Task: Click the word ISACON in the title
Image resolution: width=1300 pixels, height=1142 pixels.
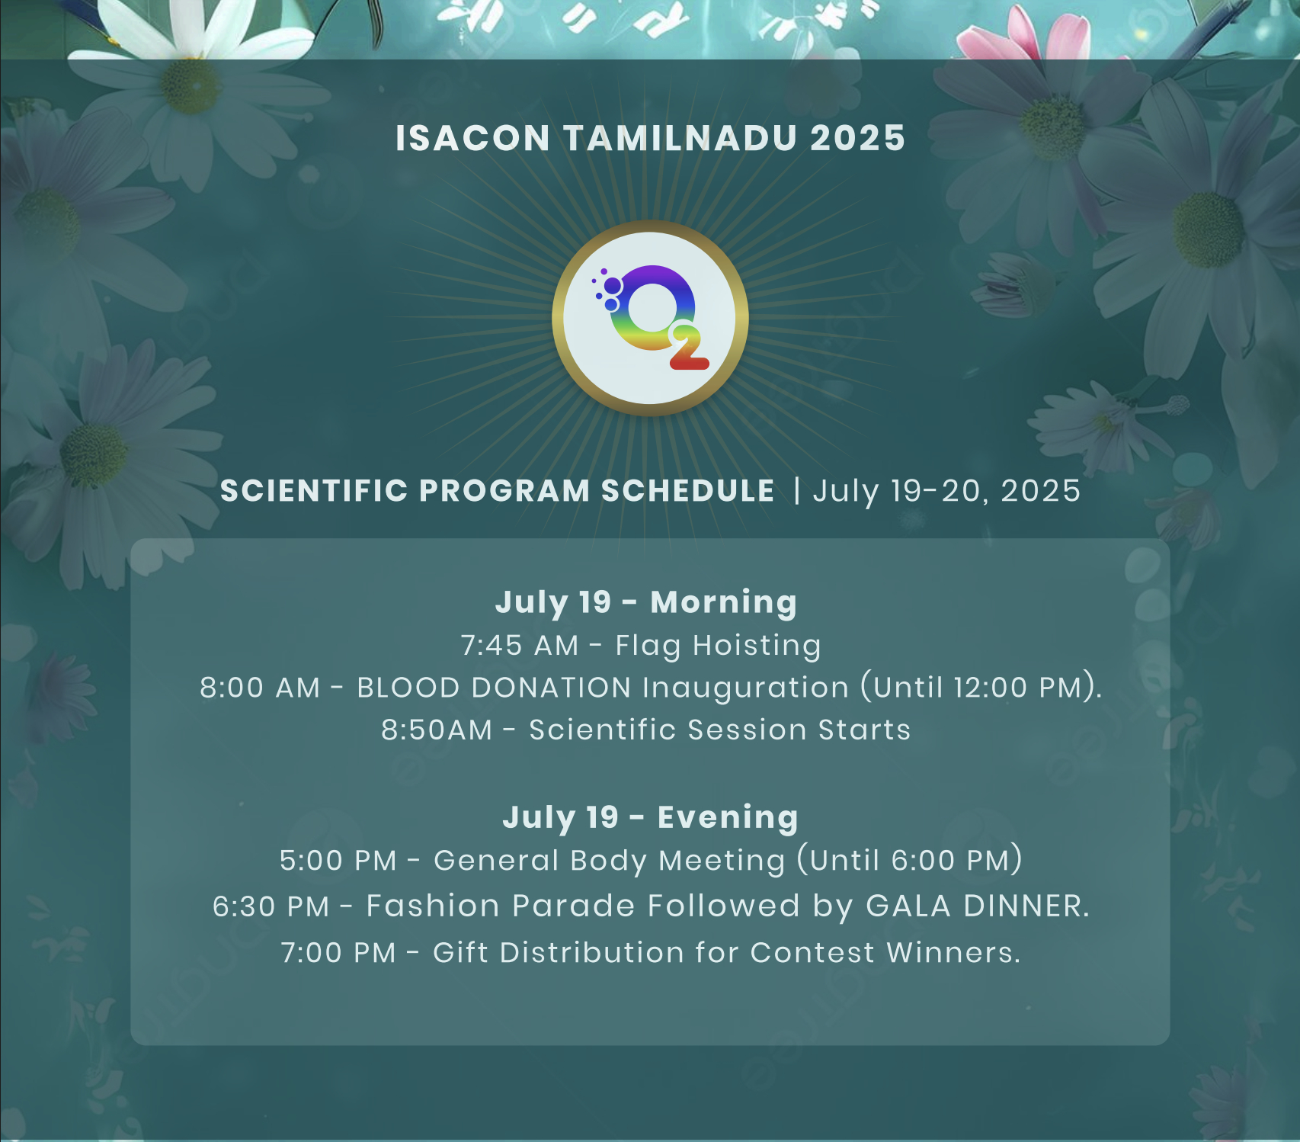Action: point(472,139)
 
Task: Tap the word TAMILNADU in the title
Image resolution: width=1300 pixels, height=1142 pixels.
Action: point(680,139)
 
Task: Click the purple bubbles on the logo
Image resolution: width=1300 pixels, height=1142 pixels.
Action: point(607,290)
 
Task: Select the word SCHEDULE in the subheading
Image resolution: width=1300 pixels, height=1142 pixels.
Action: point(688,491)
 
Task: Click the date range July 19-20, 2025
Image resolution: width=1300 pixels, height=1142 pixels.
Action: point(946,492)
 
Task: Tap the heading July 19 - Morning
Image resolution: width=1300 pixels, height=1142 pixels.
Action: point(646,602)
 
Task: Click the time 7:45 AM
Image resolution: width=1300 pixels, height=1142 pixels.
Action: point(520,646)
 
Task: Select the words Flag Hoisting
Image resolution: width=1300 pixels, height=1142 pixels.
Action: point(718,646)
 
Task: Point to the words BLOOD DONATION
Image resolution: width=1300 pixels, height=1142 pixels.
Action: point(494,688)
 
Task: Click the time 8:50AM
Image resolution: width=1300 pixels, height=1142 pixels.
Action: point(437,730)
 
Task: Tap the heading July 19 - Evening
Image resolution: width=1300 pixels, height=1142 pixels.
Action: point(650,817)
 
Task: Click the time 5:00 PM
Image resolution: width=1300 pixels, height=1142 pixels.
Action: point(338,861)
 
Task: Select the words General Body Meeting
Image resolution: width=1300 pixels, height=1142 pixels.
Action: point(609,861)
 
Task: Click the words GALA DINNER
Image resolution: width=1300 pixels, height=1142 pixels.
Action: point(978,906)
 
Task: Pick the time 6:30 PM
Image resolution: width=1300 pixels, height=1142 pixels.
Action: point(271,906)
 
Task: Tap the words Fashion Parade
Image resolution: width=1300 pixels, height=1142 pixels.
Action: point(501,906)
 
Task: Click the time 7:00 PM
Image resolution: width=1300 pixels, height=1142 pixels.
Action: point(338,953)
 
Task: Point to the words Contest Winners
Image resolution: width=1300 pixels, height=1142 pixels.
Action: point(885,953)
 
